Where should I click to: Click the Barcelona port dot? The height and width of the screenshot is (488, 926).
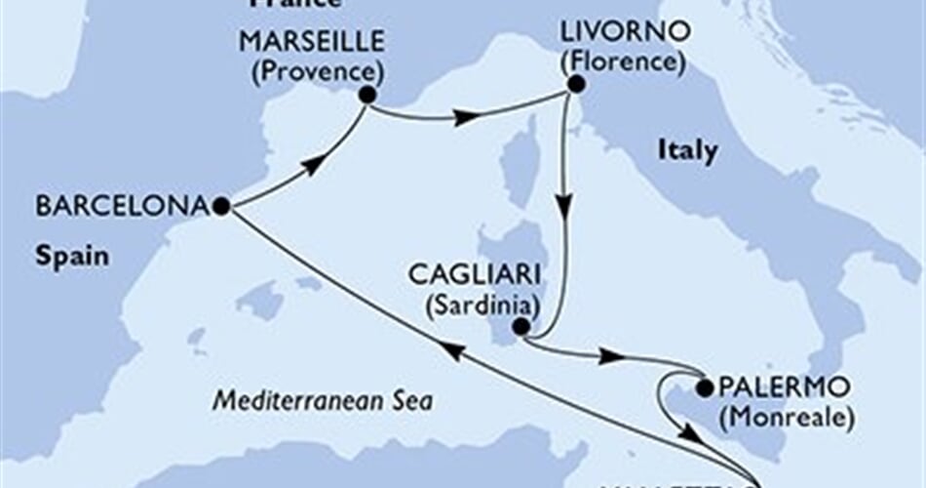pos(221,207)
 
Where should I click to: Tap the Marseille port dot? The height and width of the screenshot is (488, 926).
pos(367,95)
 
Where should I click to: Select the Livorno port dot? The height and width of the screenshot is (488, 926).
pos(575,85)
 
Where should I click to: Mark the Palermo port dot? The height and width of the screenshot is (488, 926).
pos(704,389)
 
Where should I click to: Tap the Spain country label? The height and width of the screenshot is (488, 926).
pos(71,258)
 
